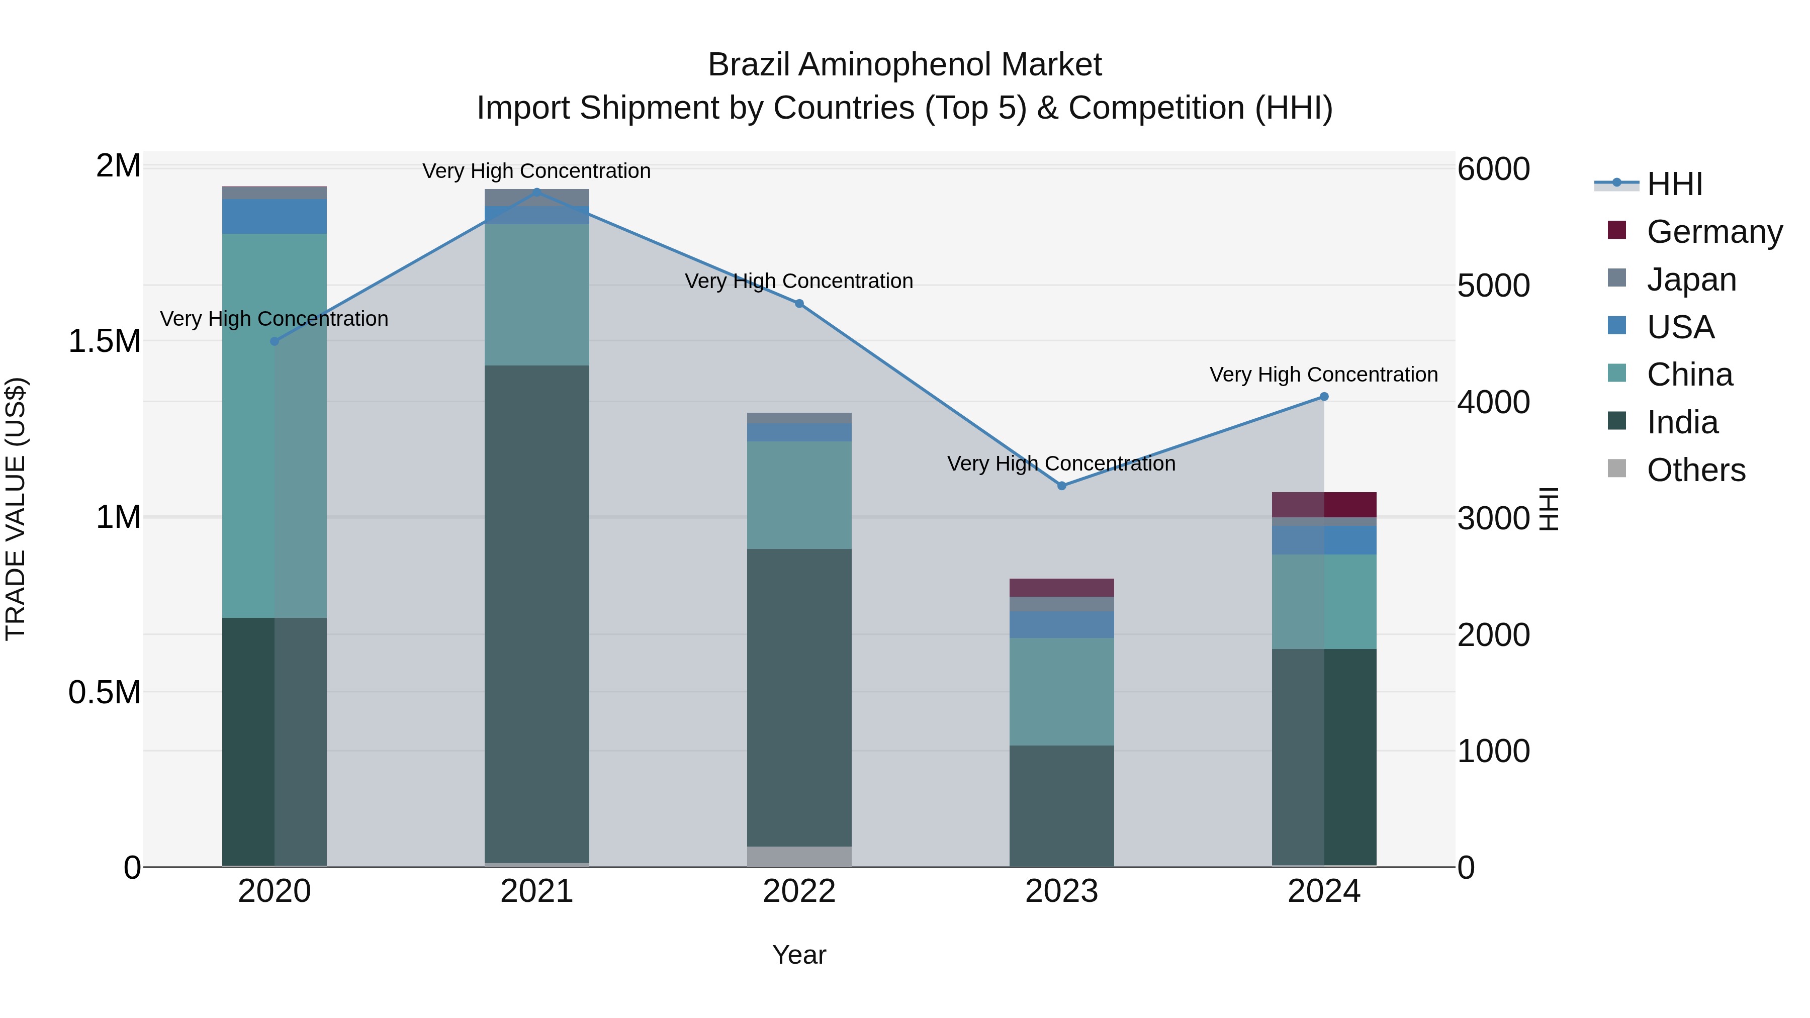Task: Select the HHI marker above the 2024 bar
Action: tap(1324, 396)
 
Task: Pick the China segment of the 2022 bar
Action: tap(799, 495)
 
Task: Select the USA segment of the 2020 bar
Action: tap(274, 216)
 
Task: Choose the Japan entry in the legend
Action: tap(1690, 279)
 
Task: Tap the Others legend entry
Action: tap(1695, 470)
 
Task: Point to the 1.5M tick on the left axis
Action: tap(104, 341)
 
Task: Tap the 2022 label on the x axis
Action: tap(799, 891)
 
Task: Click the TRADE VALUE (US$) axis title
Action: tap(16, 509)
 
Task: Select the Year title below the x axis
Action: tap(799, 955)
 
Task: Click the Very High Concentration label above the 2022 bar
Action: tap(799, 281)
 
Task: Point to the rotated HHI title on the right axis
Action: tap(1549, 509)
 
